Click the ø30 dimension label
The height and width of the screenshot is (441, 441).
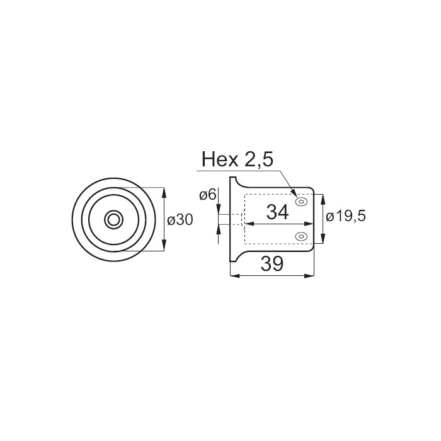click(x=180, y=220)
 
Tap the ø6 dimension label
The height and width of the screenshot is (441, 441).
click(x=207, y=195)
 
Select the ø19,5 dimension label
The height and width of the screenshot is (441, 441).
click(x=346, y=217)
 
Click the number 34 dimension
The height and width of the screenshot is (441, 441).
click(x=277, y=212)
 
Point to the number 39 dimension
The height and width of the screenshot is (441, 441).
click(x=272, y=264)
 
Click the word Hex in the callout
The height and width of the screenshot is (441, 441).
click(x=220, y=159)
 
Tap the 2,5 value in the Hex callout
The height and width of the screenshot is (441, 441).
click(x=259, y=160)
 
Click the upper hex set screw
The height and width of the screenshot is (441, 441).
click(x=301, y=202)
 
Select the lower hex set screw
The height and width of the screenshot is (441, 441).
click(x=301, y=236)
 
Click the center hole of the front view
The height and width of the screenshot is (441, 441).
click(x=113, y=219)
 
